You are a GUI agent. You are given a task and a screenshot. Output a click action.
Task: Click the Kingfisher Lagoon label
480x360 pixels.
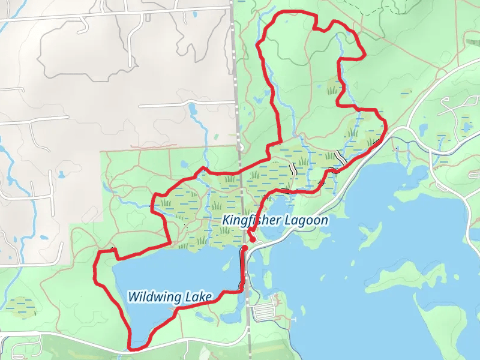point(275,220)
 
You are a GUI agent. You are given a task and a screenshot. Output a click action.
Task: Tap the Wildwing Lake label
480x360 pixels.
point(170,296)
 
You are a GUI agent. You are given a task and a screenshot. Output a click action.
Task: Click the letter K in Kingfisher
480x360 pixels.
point(226,220)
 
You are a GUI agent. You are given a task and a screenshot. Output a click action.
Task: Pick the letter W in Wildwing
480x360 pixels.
point(133,296)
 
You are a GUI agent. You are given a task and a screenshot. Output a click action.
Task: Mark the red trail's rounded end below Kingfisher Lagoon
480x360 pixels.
point(253,239)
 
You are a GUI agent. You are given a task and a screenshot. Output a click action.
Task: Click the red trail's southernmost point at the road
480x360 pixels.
point(133,347)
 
